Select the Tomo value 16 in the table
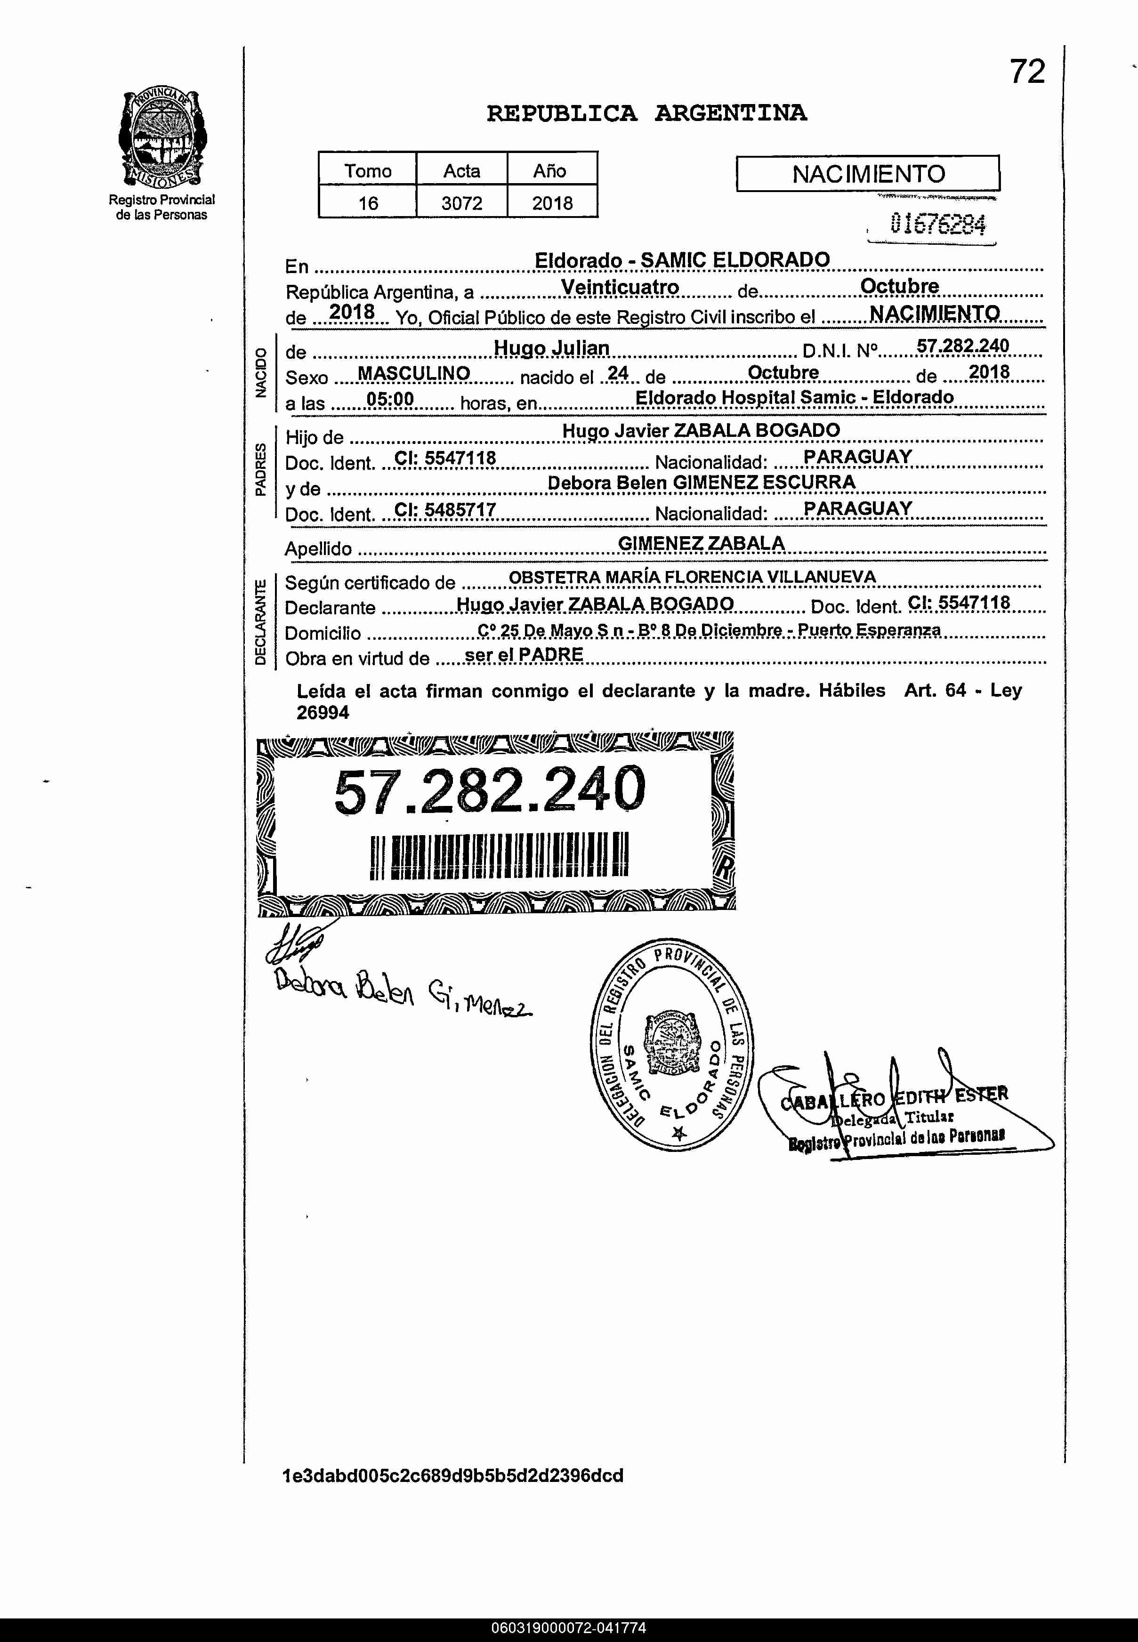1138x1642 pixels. pyautogui.click(x=367, y=203)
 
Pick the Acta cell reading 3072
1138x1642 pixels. pyautogui.click(x=461, y=203)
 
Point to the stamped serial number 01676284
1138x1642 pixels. pyautogui.click(x=937, y=225)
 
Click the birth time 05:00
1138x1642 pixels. pyautogui.click(x=389, y=399)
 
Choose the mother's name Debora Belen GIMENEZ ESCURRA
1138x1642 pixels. pyautogui.click(x=701, y=483)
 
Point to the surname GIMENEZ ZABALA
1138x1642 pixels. pyautogui.click(x=701, y=543)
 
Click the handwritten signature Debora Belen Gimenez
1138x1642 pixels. pyautogui.click(x=403, y=991)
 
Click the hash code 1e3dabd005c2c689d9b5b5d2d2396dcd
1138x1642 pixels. pyautogui.click(x=453, y=1475)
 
